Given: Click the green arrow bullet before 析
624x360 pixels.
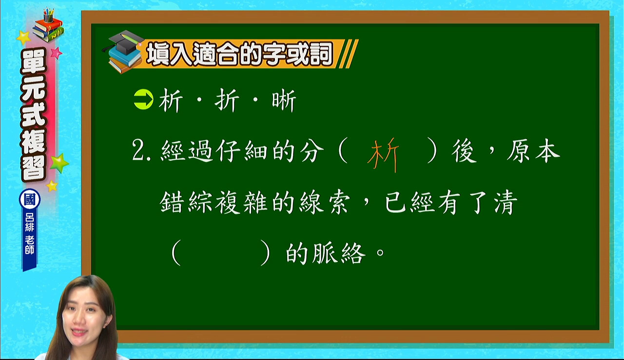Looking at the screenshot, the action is click(143, 100).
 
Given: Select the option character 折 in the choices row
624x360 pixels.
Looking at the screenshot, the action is click(227, 100).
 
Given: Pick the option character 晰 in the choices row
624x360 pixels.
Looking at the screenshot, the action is click(284, 100).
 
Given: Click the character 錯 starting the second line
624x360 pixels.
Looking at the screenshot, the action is click(172, 202).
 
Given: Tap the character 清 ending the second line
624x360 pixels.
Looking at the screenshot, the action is click(506, 202).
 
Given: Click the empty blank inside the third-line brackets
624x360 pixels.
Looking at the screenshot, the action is click(221, 253).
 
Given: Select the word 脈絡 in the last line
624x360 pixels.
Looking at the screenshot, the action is click(338, 253).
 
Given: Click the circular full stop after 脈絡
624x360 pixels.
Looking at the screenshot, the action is click(380, 253).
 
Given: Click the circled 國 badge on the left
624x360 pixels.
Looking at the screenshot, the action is click(30, 200).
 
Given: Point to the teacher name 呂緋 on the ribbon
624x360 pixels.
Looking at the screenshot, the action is click(30, 222).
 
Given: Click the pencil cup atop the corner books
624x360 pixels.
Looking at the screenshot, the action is click(48, 16).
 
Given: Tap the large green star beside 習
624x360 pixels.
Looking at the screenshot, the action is click(59, 163).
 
